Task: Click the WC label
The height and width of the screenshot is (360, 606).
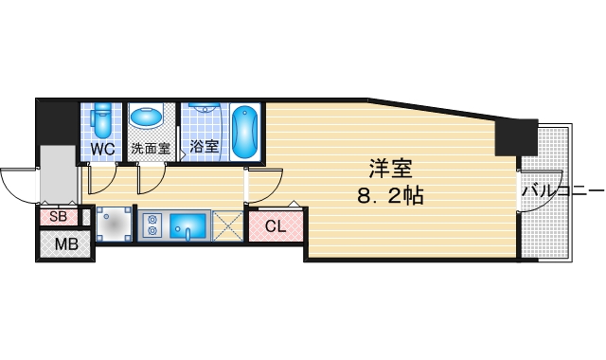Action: click(103, 149)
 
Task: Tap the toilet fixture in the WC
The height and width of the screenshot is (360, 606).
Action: click(103, 119)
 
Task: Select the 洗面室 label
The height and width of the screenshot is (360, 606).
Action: click(150, 149)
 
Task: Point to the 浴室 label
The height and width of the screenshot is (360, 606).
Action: click(204, 147)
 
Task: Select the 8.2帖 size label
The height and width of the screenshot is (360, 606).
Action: click(390, 198)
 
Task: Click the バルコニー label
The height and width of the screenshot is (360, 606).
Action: click(561, 192)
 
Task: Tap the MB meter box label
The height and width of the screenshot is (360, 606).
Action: click(65, 244)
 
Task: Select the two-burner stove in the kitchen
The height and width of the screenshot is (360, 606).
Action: click(151, 225)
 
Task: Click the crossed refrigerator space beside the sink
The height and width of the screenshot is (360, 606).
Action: click(227, 225)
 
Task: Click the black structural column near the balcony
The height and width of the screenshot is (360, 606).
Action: click(516, 138)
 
